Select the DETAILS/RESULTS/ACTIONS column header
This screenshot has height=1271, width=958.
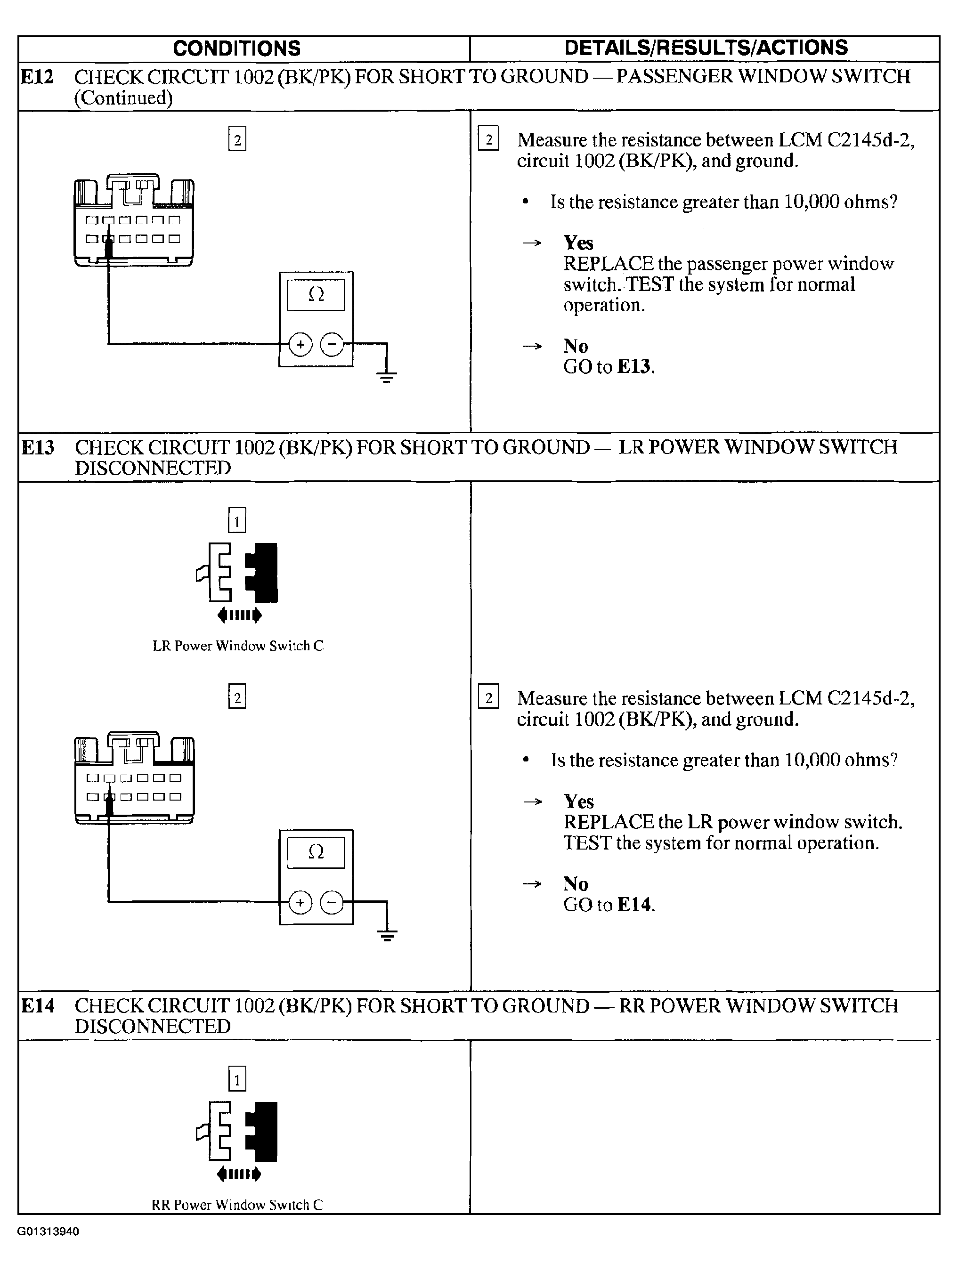(706, 48)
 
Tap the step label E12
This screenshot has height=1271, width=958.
(37, 76)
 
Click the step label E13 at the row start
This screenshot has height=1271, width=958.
(38, 447)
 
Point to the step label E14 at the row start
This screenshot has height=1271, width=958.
(38, 1005)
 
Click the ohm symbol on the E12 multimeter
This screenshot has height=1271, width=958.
(316, 295)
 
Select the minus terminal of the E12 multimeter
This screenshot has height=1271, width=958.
(332, 345)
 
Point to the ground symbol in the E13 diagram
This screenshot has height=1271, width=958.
(387, 935)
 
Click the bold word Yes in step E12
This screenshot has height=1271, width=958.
(578, 243)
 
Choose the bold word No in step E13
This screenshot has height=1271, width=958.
(576, 883)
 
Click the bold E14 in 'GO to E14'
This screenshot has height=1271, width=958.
(635, 905)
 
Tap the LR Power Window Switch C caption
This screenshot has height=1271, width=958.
(238, 646)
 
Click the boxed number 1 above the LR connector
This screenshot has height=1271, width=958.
(237, 521)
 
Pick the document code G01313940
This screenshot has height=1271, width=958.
(48, 1231)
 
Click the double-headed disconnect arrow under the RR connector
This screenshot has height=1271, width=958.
(239, 1174)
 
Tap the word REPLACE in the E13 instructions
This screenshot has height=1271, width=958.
(608, 822)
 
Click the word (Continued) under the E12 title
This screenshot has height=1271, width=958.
(123, 97)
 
